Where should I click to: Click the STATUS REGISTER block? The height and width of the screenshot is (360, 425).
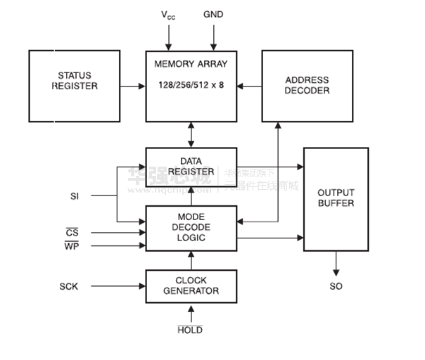74,86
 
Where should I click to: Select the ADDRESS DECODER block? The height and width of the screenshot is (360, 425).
307,86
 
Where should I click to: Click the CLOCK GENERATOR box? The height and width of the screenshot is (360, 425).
191,285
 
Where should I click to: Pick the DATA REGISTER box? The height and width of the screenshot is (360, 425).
191,166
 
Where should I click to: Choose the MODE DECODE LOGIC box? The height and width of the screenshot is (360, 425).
191,228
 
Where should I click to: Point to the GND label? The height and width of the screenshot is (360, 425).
213,15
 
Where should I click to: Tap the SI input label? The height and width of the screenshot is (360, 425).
75,196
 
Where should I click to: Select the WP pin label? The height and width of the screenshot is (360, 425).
72,246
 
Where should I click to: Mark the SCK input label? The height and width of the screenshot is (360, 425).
70,286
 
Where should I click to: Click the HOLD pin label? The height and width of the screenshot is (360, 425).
190,329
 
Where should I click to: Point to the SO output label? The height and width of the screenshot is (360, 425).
336,286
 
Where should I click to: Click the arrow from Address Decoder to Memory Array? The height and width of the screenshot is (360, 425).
249,86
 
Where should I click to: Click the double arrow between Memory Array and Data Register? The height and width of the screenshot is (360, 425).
191,134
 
